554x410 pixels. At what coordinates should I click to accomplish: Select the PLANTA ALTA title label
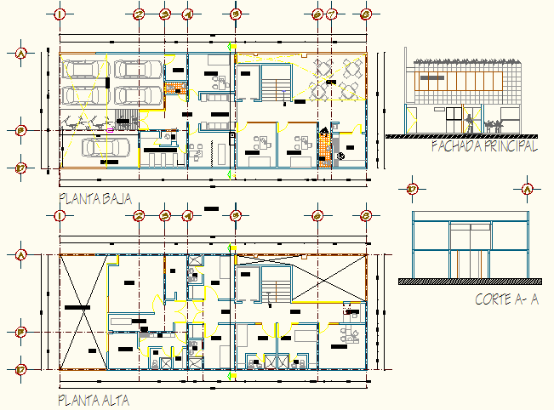tap(94, 398)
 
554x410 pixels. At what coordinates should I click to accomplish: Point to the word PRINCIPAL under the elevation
tap(513, 147)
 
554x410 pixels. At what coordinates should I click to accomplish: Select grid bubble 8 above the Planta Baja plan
tap(366, 14)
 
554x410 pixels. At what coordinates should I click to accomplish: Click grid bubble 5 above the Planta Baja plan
tap(236, 14)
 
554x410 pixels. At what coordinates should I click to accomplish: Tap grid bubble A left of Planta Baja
tap(21, 53)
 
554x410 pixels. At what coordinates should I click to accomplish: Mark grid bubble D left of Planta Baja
tap(21, 168)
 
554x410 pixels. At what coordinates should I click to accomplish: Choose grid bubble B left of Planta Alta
tap(21, 332)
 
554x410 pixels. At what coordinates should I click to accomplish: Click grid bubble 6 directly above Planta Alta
tap(317, 215)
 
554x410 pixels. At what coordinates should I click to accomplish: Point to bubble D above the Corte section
tap(412, 189)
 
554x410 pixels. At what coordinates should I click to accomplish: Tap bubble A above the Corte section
tap(527, 189)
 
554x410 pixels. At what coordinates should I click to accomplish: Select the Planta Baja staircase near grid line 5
tap(273, 89)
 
